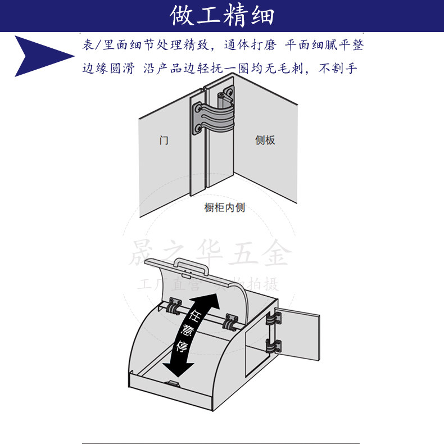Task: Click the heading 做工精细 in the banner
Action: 222,16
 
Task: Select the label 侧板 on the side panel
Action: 265,140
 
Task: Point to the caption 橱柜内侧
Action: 224,207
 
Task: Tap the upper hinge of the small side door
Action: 274,319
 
